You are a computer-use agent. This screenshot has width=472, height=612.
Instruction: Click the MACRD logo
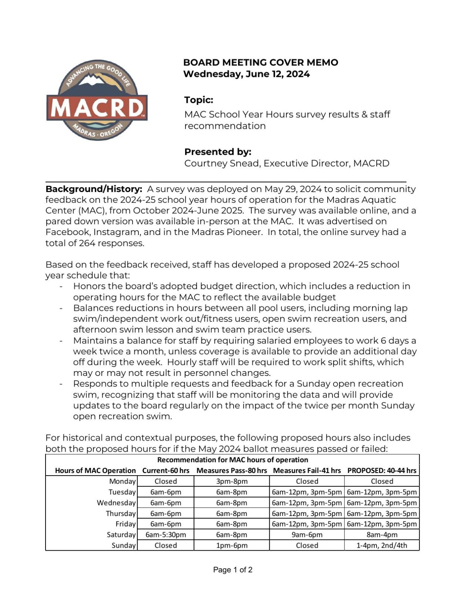(97, 100)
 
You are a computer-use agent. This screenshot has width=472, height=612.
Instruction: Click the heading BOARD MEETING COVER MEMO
(260, 62)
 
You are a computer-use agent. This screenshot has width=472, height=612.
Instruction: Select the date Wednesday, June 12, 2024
(246, 74)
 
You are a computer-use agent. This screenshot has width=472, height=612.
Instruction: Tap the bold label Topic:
(199, 100)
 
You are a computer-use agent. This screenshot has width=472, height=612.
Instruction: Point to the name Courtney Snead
(222, 163)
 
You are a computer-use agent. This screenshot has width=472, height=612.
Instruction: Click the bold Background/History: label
(94, 189)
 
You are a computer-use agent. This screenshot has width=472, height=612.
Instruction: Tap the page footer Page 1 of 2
(232, 570)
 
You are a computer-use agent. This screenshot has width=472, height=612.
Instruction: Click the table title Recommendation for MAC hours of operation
(232, 460)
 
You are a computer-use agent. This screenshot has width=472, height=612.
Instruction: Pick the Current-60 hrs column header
(166, 470)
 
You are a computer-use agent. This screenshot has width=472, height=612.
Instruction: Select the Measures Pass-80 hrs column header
(231, 470)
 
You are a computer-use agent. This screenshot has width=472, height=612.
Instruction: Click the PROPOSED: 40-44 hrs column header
(381, 470)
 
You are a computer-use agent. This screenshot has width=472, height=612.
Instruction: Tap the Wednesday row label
(116, 503)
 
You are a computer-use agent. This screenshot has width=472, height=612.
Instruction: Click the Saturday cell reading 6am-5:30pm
(166, 535)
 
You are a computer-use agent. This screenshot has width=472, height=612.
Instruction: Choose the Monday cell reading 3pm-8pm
(232, 481)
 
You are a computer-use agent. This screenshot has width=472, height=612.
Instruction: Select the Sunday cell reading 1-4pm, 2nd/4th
(382, 545)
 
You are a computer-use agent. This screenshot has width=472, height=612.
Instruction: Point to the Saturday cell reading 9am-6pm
(307, 535)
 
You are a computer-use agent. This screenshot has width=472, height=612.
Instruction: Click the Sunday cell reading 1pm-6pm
(232, 545)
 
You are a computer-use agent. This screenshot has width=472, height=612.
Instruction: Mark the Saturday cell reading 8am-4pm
(382, 535)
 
